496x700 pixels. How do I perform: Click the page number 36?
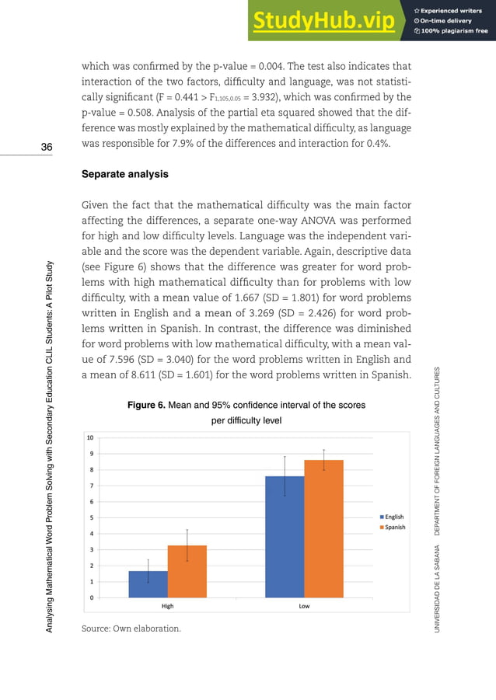pyautogui.click(x=47, y=148)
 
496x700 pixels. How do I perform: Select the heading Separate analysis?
pyautogui.click(x=124, y=175)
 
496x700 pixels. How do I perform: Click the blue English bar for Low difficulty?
pyautogui.click(x=285, y=537)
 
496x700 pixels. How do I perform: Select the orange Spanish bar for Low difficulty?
pyautogui.click(x=323, y=528)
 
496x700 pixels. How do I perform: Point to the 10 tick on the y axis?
pyautogui.click(x=91, y=437)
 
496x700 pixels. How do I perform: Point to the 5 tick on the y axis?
pyautogui.click(x=93, y=517)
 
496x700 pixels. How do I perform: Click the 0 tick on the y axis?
pyautogui.click(x=93, y=597)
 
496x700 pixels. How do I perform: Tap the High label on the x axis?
pyautogui.click(x=167, y=607)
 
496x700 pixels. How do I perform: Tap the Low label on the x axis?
pyautogui.click(x=304, y=607)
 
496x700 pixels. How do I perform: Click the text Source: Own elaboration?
pyautogui.click(x=131, y=629)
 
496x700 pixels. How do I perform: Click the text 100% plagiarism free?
pyautogui.click(x=455, y=31)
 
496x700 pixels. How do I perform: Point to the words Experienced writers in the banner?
pyautogui.click(x=455, y=9)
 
